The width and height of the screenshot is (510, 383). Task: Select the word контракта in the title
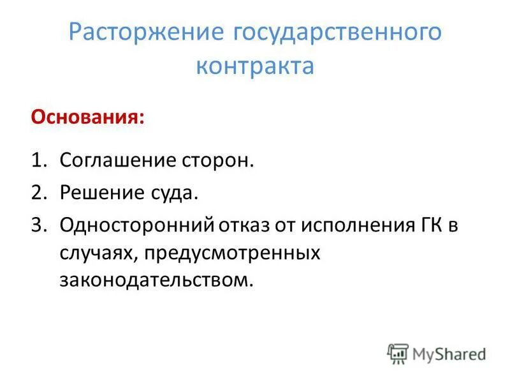[x=255, y=66]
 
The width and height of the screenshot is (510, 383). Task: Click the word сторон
[x=220, y=160]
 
